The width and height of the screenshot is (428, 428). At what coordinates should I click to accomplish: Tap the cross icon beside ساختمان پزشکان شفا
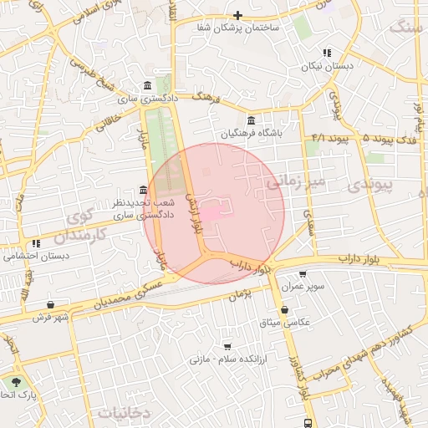(x=238, y=15)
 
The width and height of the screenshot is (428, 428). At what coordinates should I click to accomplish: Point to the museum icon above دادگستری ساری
(x=148, y=85)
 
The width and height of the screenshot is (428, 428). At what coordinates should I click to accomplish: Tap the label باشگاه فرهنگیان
(x=252, y=133)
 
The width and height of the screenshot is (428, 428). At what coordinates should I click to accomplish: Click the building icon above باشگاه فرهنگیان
(x=252, y=120)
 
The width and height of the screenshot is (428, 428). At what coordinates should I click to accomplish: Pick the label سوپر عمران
(x=303, y=286)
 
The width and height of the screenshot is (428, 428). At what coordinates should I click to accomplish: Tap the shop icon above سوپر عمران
(x=302, y=273)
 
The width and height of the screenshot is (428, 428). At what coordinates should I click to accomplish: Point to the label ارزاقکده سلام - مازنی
(x=227, y=359)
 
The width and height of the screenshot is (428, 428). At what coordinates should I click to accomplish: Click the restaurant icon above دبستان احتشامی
(x=36, y=243)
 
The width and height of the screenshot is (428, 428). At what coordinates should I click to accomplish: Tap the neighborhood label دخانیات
(x=123, y=412)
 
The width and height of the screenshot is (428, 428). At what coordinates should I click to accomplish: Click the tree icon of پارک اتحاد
(x=16, y=380)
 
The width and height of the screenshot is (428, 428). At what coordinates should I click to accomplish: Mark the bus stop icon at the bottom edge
(x=308, y=423)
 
